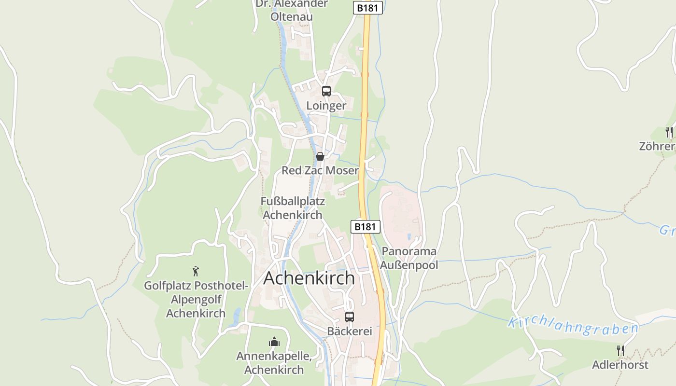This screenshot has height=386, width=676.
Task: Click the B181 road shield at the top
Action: coord(368,8)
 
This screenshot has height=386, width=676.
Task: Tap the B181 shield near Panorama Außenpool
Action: coord(365,227)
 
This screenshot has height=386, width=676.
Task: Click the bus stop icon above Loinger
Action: coord(326,91)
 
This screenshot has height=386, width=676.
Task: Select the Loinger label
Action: coord(326,106)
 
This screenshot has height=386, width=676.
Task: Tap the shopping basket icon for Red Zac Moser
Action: coord(320,156)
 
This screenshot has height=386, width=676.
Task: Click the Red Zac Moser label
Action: coord(320,170)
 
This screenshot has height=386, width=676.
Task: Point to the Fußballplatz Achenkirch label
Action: coord(293,208)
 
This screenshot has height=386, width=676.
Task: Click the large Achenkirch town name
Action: coord(309,278)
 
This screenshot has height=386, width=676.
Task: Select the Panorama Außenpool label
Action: coord(409,258)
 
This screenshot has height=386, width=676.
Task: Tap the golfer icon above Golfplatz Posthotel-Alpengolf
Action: coord(196,271)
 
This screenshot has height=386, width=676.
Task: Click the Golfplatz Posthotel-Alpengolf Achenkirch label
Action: coord(196,299)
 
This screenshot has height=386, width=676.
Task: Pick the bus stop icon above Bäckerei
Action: coord(350,317)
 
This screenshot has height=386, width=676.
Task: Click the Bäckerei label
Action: coord(350,331)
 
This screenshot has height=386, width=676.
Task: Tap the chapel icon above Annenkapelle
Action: coord(274,342)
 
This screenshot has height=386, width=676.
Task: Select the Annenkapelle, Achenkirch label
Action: coord(274,363)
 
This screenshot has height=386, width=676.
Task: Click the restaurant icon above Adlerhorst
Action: coord(620,350)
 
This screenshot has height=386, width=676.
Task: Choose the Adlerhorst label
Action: coord(620,365)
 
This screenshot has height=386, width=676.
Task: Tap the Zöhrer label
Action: coord(657,146)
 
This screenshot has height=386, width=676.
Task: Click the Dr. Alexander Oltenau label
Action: coord(292,10)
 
